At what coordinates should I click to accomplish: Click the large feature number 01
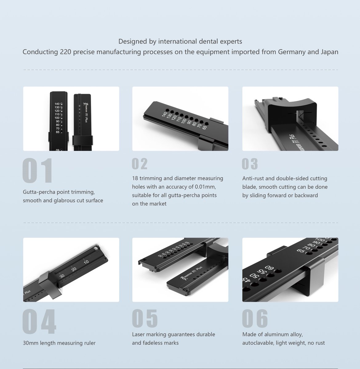pyautogui.click(x=38, y=170)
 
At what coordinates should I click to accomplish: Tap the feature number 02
pyautogui.click(x=140, y=164)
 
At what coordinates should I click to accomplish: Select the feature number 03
pyautogui.click(x=250, y=164)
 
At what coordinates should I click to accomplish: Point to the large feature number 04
pyautogui.click(x=39, y=322)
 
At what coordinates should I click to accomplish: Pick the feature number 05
pyautogui.click(x=145, y=318)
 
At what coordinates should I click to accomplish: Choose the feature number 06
pyautogui.click(x=255, y=318)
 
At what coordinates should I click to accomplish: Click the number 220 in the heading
pyautogui.click(x=66, y=52)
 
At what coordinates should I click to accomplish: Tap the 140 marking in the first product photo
pyautogui.click(x=57, y=104)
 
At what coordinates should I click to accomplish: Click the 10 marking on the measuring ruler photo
pyautogui.click(x=86, y=262)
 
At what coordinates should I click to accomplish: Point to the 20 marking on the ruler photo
pyautogui.click(x=74, y=269)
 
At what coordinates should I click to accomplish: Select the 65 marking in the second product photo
pyautogui.click(x=204, y=128)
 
